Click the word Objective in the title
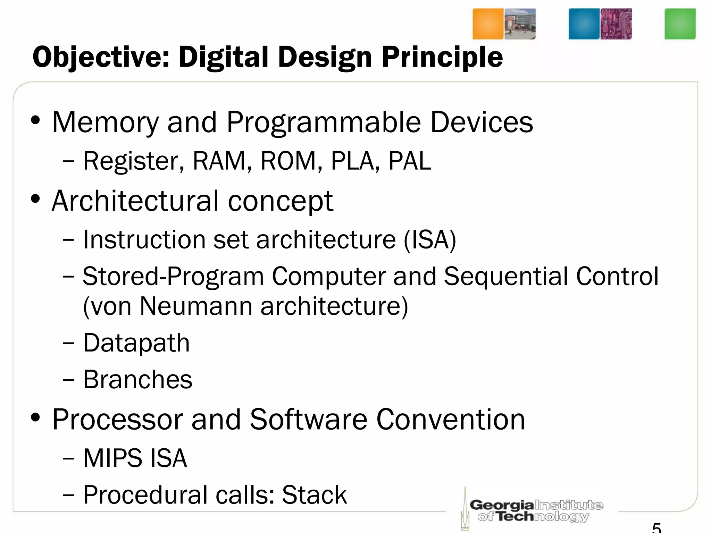point(101,57)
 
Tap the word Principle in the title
point(442,57)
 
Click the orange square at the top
point(488,24)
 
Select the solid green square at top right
point(680,24)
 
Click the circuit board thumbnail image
point(616,24)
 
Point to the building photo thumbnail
point(520,24)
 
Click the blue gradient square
point(584,24)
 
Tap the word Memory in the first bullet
point(105,122)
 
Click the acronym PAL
point(410,161)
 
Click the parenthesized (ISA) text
point(430,240)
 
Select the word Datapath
point(136,343)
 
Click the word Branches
point(137,380)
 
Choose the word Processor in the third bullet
point(117,420)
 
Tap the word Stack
point(314,495)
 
